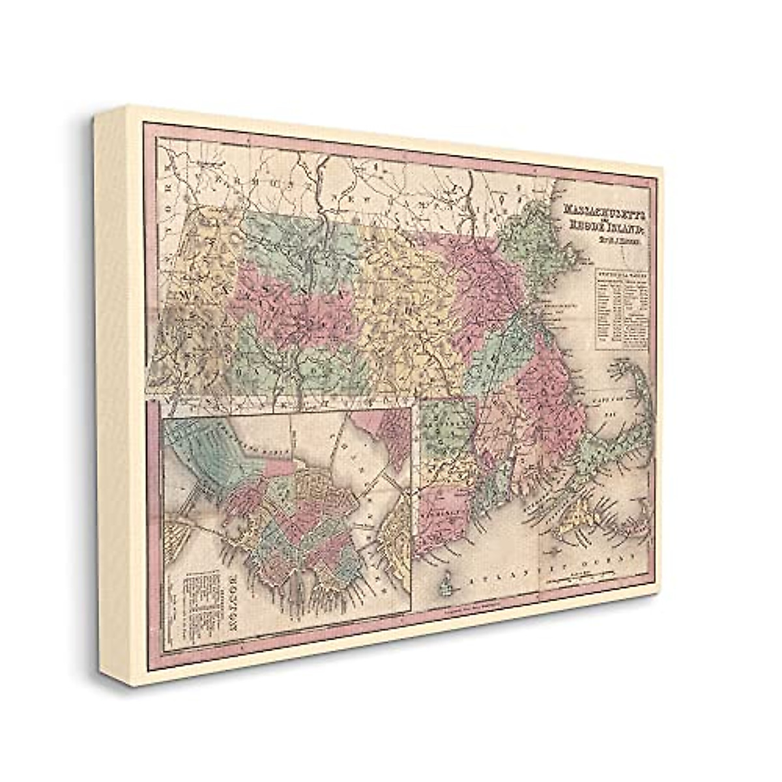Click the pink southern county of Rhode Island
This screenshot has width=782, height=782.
click(443, 508)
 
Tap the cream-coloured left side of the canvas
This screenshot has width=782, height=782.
click(117, 391)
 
